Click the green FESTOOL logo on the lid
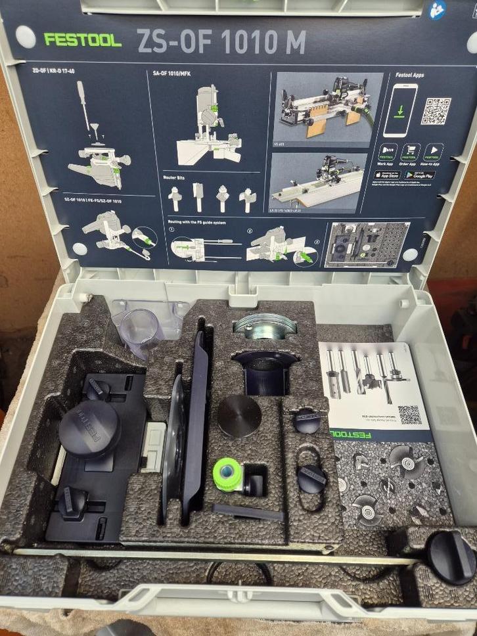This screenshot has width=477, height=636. click(83, 40)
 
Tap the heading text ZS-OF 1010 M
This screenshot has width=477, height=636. click(221, 42)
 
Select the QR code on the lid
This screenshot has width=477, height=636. click(436, 111)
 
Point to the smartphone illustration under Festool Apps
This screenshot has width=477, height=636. click(399, 110)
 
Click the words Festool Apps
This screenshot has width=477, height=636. click(410, 76)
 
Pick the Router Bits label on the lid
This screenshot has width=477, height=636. click(177, 177)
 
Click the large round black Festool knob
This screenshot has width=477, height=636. click(89, 429)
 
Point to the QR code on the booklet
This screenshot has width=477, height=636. click(409, 415)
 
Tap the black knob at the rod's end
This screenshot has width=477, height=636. click(451, 557)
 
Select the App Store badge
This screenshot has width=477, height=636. click(388, 175)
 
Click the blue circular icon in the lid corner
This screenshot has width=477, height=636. click(438, 9)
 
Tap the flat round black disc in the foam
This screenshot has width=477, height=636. click(239, 417)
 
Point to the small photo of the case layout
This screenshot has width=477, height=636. click(367, 244)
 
